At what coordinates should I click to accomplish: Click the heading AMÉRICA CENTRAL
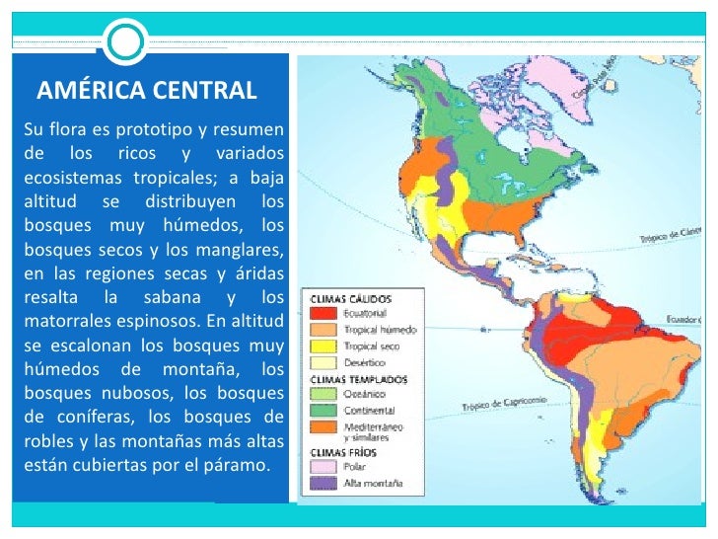146,92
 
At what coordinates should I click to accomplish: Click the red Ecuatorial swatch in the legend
326,313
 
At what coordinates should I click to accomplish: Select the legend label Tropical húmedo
380,329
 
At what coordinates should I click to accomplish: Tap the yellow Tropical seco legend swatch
326,346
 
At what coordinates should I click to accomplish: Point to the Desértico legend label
365,362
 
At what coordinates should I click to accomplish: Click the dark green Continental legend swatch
326,410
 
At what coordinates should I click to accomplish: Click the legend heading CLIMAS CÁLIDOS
352,298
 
